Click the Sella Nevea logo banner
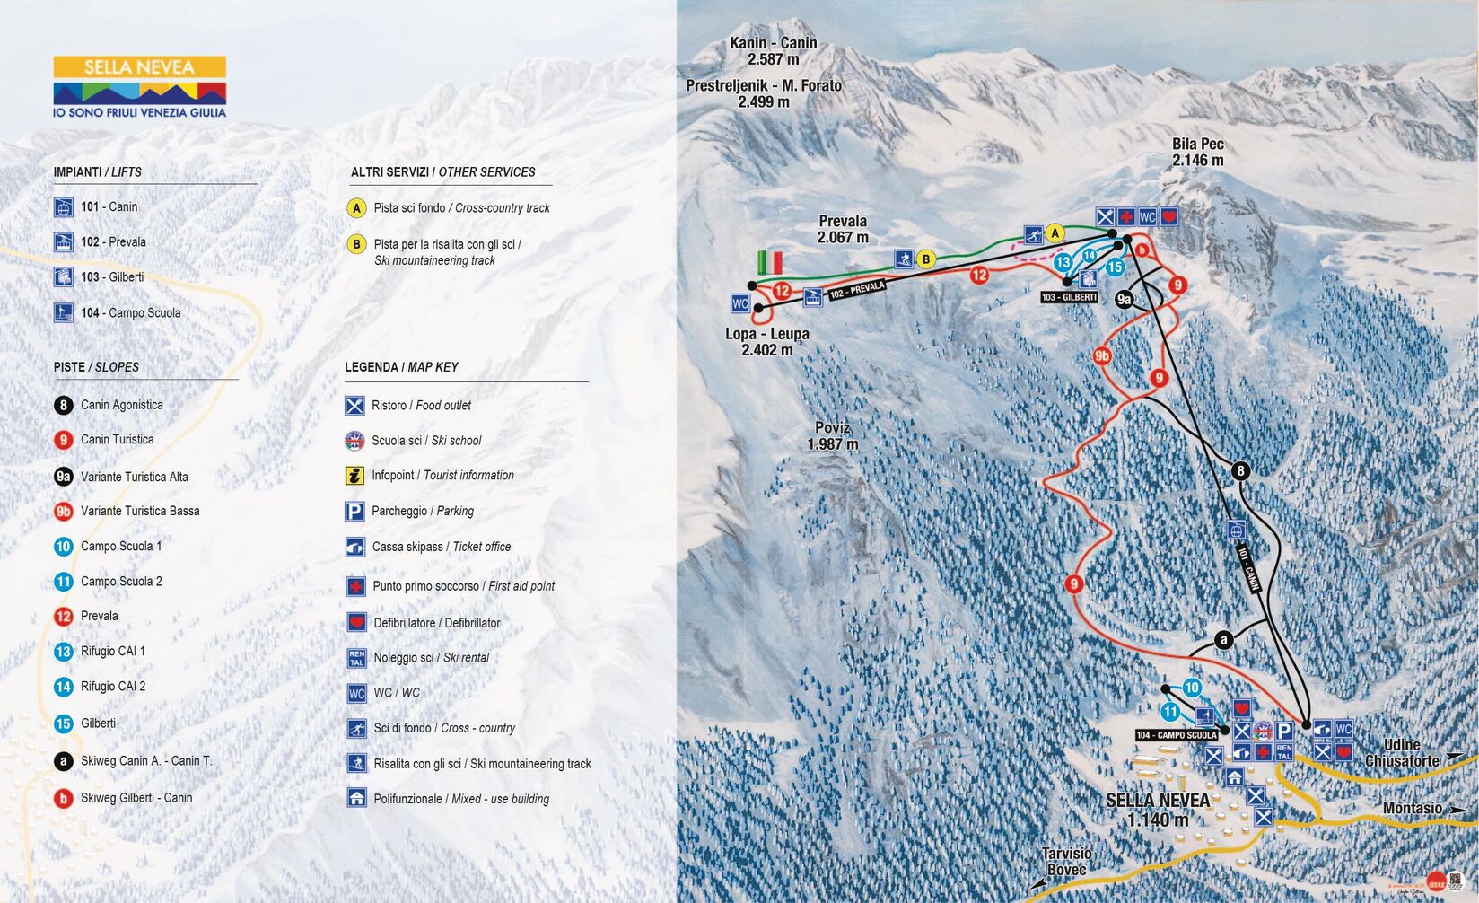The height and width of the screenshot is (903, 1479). (139, 86)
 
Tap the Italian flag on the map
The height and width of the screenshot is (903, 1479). (770, 262)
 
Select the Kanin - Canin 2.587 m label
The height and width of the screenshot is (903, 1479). (773, 51)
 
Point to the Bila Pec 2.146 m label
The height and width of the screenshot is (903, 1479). (1197, 152)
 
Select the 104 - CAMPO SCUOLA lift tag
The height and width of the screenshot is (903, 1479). (1176, 735)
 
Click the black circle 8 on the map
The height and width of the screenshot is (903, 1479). (1240, 470)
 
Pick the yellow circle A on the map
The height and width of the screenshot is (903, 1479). (1055, 233)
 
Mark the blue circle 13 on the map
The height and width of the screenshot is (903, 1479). (1063, 262)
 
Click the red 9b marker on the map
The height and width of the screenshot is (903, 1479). (1102, 356)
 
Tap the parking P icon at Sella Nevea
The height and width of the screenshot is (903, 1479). (1284, 732)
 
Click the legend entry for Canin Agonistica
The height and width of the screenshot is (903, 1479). (121, 405)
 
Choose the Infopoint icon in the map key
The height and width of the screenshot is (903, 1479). (355, 476)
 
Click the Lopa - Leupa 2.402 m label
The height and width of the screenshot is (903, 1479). (767, 342)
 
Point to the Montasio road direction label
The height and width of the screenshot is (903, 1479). (1412, 808)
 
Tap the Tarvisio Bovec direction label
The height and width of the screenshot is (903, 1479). (1066, 862)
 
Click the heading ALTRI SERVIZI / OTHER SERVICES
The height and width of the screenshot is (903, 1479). (442, 172)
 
